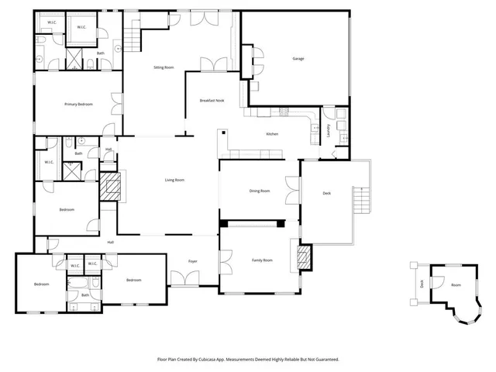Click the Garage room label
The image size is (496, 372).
(x=298, y=59)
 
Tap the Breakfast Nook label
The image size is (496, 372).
(x=212, y=101)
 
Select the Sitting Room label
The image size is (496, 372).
(x=164, y=67)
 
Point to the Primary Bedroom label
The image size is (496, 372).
(x=78, y=103)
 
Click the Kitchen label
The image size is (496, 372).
(x=272, y=134)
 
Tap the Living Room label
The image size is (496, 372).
(x=174, y=180)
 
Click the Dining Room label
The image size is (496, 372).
(x=260, y=190)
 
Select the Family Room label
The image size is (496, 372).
(x=262, y=260)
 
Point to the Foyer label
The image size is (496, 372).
(x=192, y=261)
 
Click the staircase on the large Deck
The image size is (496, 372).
(x=360, y=203)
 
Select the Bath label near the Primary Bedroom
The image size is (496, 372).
(x=100, y=53)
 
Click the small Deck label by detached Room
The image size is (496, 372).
(x=422, y=283)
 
